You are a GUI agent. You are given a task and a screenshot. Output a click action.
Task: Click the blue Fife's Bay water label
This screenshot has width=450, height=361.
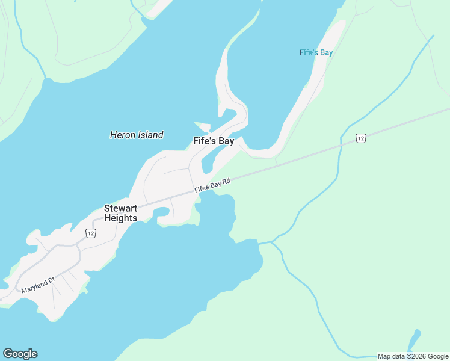pos(316,52)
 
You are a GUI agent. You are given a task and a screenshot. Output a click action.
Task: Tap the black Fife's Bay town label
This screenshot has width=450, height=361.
pos(214,141)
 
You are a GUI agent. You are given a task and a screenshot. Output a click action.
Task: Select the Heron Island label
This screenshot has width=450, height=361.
pos(137,135)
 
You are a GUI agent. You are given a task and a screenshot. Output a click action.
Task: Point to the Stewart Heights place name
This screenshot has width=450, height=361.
pos(120,213)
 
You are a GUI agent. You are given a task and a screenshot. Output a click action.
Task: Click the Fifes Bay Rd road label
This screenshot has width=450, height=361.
pos(212,186)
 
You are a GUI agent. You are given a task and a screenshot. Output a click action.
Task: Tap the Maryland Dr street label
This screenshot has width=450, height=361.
pos(38,285)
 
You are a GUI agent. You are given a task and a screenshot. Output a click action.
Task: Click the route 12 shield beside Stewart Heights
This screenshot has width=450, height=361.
pos(90,233)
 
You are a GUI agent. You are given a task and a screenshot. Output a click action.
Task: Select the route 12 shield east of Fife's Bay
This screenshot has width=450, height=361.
pos(360,138)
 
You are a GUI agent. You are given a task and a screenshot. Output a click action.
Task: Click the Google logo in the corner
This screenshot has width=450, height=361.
pos(20,354)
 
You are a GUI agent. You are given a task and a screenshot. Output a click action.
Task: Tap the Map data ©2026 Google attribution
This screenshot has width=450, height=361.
pos(413,356)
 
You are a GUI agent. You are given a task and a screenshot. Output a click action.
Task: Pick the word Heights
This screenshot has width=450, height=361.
pos(120,218)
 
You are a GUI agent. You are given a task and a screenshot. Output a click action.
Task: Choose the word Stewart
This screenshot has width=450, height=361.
pos(120,208)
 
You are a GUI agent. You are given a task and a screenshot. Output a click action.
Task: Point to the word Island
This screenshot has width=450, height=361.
pos(150,135)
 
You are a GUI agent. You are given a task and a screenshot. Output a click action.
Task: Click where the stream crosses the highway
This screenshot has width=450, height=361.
pos(341,144)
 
